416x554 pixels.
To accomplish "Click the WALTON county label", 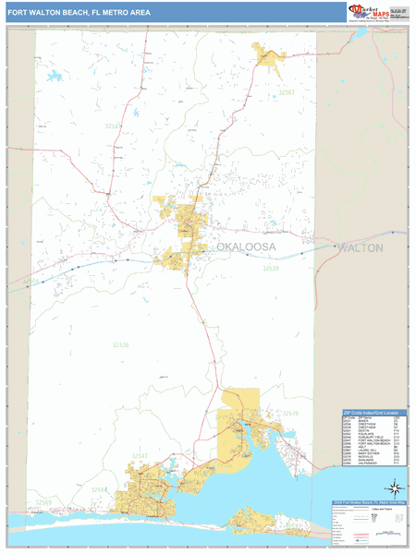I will tap(386, 248).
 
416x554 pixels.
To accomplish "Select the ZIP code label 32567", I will tap(287, 93).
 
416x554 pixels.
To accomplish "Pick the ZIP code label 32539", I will tap(270, 269).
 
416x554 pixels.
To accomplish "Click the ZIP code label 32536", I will tap(120, 344).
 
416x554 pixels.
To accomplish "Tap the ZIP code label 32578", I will tap(289, 413).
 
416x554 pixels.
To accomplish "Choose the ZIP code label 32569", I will tap(43, 502).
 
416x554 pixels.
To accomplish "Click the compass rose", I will tap(396, 487).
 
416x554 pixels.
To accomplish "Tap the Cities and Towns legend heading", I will tap(381, 509).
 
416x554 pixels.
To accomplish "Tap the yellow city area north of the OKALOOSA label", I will tap(190, 218).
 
